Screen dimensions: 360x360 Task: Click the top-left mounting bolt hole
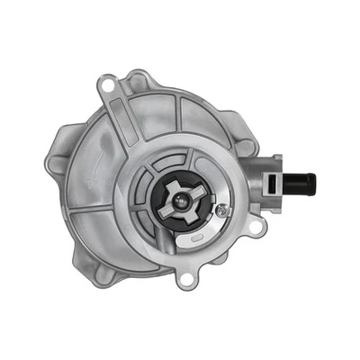108,88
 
